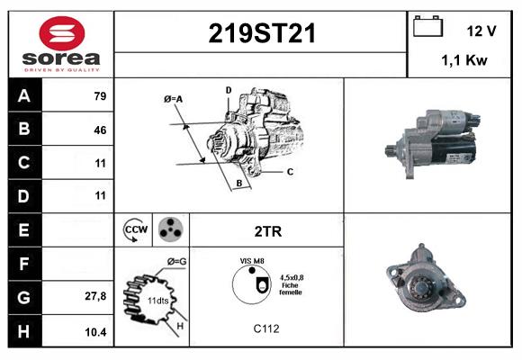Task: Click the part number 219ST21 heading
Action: click(x=262, y=33)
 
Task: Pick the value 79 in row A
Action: click(x=100, y=96)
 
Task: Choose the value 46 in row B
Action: click(x=100, y=130)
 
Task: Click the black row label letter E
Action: click(x=24, y=229)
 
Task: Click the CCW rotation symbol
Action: click(x=136, y=229)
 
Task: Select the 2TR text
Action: click(x=268, y=231)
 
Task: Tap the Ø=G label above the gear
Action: click(x=175, y=261)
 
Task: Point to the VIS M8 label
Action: click(x=252, y=260)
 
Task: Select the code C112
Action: click(x=265, y=328)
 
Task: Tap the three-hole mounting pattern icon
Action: click(x=170, y=229)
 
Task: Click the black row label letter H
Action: click(x=24, y=331)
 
